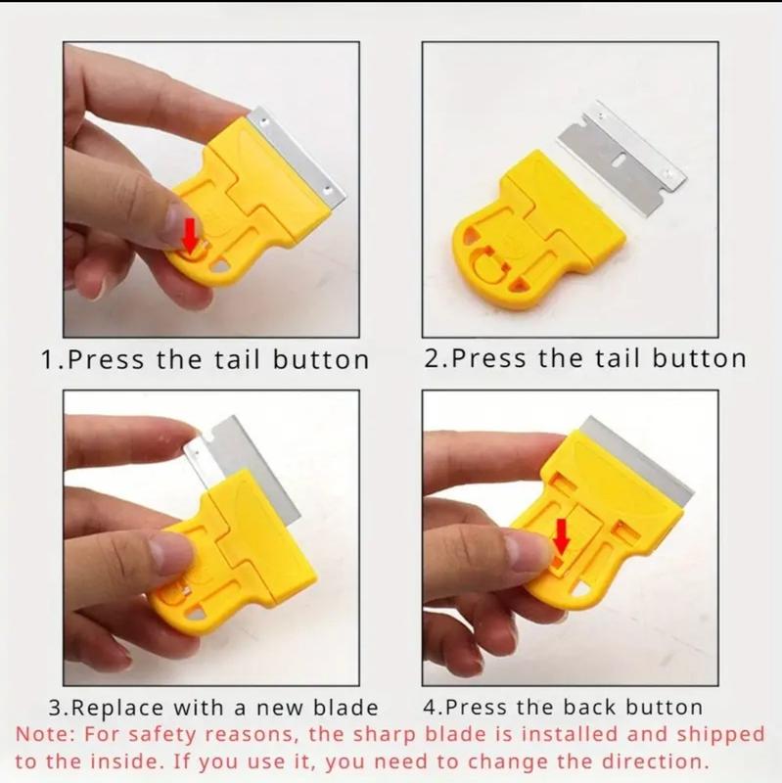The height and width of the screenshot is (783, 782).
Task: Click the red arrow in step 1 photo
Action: (x=190, y=234)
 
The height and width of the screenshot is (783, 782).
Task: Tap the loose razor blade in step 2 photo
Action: (x=621, y=159)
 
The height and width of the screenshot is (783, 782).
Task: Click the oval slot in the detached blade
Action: (x=620, y=160)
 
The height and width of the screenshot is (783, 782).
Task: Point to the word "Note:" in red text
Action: (x=45, y=735)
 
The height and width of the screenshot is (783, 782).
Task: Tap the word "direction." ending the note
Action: (x=655, y=762)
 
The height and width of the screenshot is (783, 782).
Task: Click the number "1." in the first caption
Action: (x=53, y=359)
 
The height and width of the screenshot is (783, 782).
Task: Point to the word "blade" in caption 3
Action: (x=345, y=708)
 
